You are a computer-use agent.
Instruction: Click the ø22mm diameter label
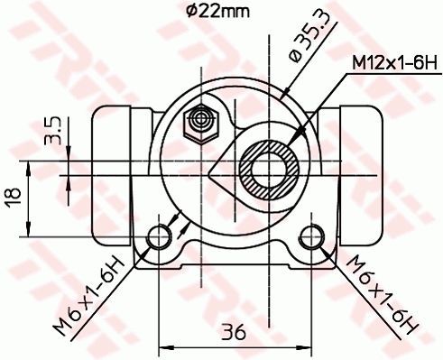pos(217,12)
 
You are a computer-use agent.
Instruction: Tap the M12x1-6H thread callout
pos(395,63)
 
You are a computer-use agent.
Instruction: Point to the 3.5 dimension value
pos(52,131)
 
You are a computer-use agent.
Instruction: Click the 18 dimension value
pos(14,196)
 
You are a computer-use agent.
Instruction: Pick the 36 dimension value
pos(234,332)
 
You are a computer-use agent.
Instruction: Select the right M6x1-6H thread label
pos(382,295)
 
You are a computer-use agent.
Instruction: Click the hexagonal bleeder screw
pos(201,124)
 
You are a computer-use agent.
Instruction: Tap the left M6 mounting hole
pos(159,236)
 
